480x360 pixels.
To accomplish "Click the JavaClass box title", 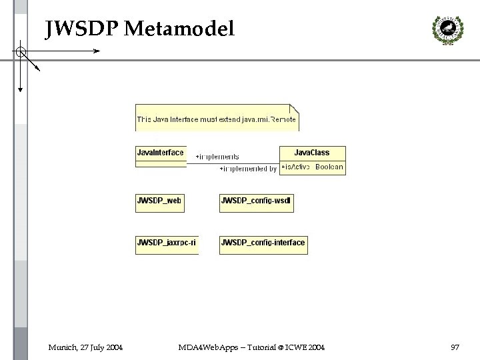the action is [312, 153].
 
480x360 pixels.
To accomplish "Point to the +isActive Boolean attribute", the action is [312, 167].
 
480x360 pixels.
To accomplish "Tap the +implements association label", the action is [217, 157].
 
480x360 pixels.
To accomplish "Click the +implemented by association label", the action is [248, 169].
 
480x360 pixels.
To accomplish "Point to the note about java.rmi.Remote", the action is [217, 119].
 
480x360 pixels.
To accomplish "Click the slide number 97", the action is [455, 347].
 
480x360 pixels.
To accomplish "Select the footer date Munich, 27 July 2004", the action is [85, 347].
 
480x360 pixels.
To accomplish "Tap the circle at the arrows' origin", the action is [21, 51].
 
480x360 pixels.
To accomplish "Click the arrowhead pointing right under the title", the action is [97, 51].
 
